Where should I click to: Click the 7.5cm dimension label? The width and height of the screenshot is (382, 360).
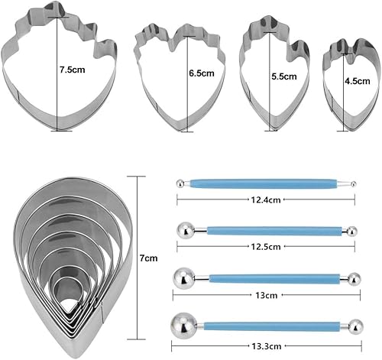73,70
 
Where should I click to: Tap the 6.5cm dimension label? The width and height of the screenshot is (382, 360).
202,73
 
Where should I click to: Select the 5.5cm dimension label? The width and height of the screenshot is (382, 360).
284,76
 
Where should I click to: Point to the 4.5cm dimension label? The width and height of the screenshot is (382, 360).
358,81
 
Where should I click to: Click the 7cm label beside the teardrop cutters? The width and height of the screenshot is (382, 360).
148,258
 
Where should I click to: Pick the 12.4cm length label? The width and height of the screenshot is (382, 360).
266,199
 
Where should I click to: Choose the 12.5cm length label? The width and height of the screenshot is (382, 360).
266,247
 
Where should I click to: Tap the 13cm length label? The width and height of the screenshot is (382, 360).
266,295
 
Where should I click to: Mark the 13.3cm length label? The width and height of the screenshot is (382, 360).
267,346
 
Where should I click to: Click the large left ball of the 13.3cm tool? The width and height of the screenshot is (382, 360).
184,326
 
